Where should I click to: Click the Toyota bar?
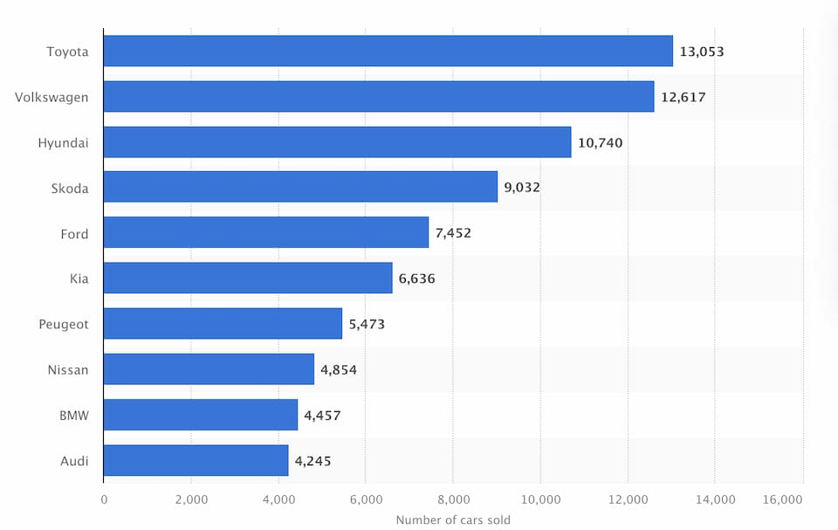pyautogui.click(x=388, y=52)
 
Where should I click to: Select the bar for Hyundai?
pyautogui.click(x=337, y=142)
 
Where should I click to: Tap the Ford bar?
pyautogui.click(x=265, y=233)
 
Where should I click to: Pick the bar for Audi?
pyautogui.click(x=196, y=460)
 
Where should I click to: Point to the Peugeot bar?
pyautogui.click(x=223, y=324)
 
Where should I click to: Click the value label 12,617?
pyautogui.click(x=683, y=97)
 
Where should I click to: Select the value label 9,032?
pyautogui.click(x=522, y=188)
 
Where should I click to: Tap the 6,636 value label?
pyautogui.click(x=416, y=279)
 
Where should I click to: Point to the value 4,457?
pyautogui.click(x=322, y=415)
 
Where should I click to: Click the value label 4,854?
pyautogui.click(x=339, y=369)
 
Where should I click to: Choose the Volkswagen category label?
pyautogui.click(x=52, y=97)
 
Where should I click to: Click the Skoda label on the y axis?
pyautogui.click(x=70, y=188)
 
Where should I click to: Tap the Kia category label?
pyautogui.click(x=79, y=279)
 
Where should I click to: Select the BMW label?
pyautogui.click(x=73, y=415)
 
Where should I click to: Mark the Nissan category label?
pyautogui.click(x=68, y=369)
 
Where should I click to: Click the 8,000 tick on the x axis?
pyautogui.click(x=453, y=499)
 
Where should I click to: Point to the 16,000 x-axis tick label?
pyautogui.click(x=782, y=499)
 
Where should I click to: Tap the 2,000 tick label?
pyautogui.click(x=191, y=499)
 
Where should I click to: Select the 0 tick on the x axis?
pyautogui.click(x=104, y=499)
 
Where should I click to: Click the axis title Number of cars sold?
pyautogui.click(x=453, y=520)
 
